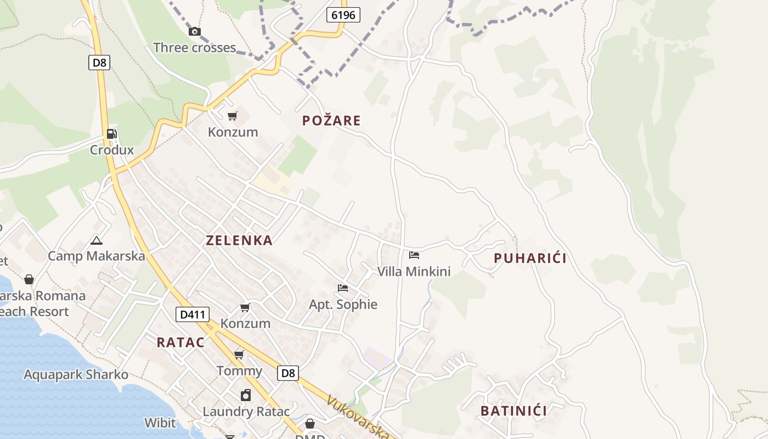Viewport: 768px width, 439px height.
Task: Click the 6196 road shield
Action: click(x=344, y=15)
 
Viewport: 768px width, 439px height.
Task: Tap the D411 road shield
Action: click(x=193, y=314)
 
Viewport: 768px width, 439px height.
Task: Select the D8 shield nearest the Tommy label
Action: click(x=288, y=373)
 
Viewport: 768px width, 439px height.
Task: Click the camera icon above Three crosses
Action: click(x=194, y=31)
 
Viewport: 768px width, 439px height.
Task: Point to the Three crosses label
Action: click(x=194, y=48)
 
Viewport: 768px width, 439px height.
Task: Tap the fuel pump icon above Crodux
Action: click(x=111, y=133)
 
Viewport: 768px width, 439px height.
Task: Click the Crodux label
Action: click(x=112, y=150)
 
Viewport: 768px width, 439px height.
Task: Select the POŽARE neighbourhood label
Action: click(x=331, y=121)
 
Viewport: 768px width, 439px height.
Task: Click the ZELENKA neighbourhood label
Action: click(x=239, y=240)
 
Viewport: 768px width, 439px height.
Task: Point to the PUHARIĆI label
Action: click(x=530, y=258)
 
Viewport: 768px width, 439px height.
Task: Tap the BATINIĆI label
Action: click(x=513, y=411)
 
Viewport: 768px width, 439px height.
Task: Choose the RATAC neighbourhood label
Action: click(x=180, y=342)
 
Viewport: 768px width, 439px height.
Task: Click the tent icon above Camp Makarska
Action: click(x=97, y=240)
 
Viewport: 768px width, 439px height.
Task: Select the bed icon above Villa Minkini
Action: click(x=414, y=255)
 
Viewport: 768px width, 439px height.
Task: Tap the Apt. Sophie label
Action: click(x=343, y=305)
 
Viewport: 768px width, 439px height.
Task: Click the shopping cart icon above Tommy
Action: click(x=239, y=355)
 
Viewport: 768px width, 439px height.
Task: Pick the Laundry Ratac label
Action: click(x=246, y=412)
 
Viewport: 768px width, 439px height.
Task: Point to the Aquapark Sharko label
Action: click(x=76, y=375)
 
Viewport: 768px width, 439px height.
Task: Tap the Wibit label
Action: click(x=160, y=423)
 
